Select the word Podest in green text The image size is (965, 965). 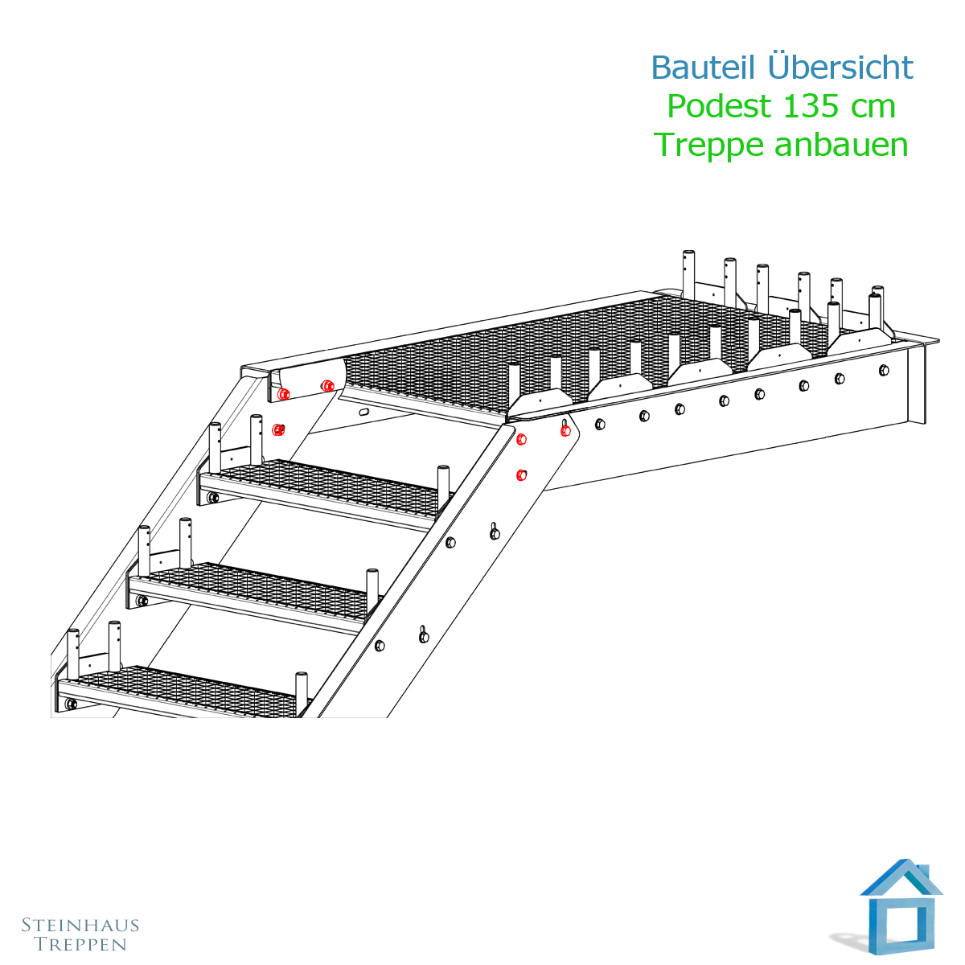click(x=719, y=106)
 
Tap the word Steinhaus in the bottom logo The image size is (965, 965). click(x=80, y=925)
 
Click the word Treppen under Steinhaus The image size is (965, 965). click(x=80, y=944)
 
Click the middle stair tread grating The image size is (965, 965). click(x=257, y=585)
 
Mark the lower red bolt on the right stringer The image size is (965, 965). click(x=521, y=474)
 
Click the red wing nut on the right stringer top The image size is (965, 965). click(x=565, y=429)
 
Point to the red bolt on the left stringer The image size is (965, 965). click(x=278, y=429)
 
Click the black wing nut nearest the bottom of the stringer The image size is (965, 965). click(x=424, y=634)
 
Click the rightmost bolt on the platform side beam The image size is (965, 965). click(x=885, y=370)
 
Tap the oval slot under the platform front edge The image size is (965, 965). click(x=364, y=411)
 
